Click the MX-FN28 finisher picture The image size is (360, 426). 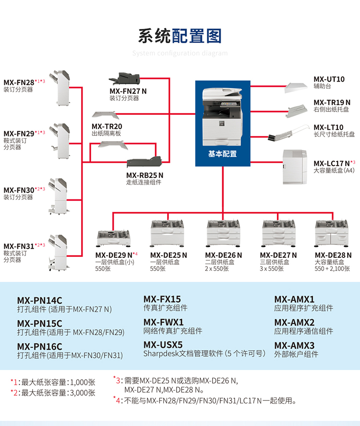coord(60,88)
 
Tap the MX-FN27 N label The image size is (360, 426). coord(128,91)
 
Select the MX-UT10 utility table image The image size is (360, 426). coord(296,88)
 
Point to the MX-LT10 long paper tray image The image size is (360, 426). coord(288,133)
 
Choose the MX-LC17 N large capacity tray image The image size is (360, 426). coord(295,167)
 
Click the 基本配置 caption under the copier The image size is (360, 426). coord(222,154)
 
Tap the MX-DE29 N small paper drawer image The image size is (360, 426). coord(114,238)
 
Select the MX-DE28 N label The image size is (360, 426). coord(333,255)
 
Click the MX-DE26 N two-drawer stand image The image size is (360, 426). coord(223,233)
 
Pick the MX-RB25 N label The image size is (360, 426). coord(144,175)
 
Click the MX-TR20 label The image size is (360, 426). coord(107,126)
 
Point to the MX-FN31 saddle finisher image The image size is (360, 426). coord(58,253)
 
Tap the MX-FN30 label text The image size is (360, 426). coord(19,190)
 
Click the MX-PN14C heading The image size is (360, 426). coord(40,301)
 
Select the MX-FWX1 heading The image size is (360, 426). coord(163,322)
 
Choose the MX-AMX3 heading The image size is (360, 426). coord(294,346)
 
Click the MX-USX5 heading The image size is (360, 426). coord(163,345)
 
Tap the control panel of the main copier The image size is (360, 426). coord(231,104)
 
